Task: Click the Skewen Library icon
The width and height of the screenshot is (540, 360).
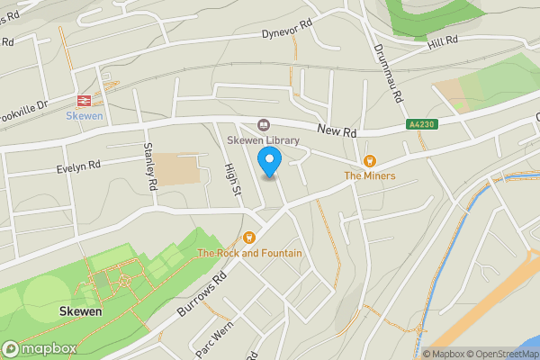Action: click(264, 125)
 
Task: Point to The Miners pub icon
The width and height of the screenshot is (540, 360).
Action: click(369, 160)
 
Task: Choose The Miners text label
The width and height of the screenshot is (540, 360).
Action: click(370, 175)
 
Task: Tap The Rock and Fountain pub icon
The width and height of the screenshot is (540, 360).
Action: click(249, 238)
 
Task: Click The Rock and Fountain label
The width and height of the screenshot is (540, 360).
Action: click(250, 254)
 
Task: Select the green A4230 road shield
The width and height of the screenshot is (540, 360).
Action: click(422, 125)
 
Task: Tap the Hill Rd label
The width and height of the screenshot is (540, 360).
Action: click(443, 40)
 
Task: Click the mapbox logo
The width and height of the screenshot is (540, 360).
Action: click(37, 348)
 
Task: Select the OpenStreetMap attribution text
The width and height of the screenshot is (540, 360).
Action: click(500, 354)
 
